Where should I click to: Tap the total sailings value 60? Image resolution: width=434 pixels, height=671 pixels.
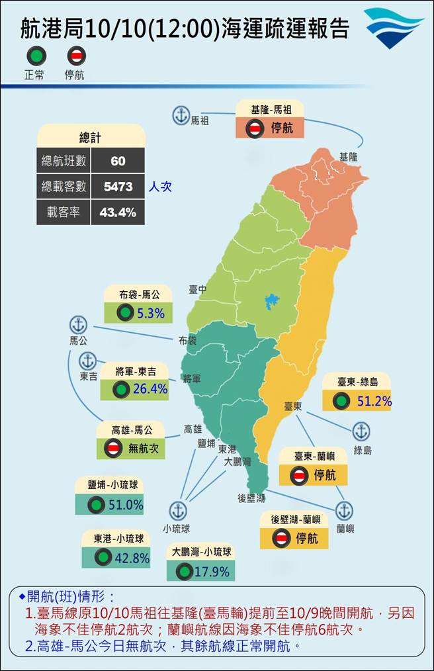[118, 161]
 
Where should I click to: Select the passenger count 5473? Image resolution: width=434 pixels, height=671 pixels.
[118, 187]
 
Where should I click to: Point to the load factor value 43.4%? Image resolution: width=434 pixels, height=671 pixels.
[118, 212]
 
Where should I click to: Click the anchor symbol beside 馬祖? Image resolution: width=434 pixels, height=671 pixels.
[180, 114]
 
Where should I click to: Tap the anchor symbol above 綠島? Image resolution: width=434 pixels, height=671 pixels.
[361, 431]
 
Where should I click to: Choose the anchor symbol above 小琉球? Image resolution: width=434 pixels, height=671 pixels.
[177, 511]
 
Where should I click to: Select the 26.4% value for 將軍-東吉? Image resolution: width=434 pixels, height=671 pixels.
[150, 389]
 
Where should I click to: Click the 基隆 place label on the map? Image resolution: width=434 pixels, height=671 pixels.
[349, 157]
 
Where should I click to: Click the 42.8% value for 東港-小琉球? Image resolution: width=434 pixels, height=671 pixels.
[132, 558]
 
